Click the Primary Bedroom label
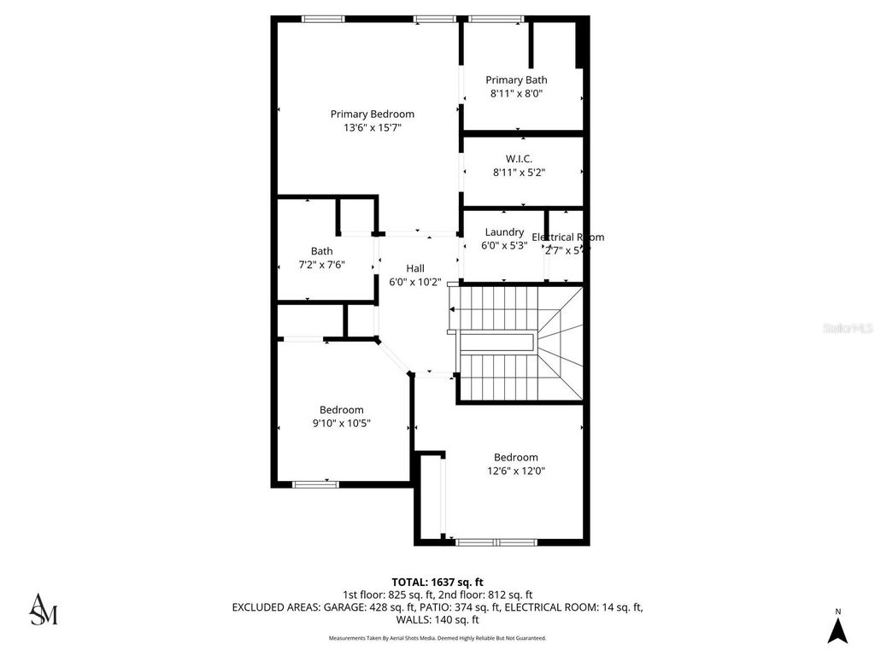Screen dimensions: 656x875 pyautogui.click(x=373, y=114)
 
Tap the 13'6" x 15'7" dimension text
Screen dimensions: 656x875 pyautogui.click(x=373, y=127)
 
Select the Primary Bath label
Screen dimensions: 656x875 pyautogui.click(x=517, y=80)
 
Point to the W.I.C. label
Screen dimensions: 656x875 pyautogui.click(x=519, y=158)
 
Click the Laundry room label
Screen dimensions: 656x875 pyautogui.click(x=504, y=231)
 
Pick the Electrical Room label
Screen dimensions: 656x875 pyautogui.click(x=567, y=237)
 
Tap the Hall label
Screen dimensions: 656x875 pyautogui.click(x=415, y=268)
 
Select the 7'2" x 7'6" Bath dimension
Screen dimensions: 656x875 pyautogui.click(x=322, y=265)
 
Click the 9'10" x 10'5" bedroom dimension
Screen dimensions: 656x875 pyautogui.click(x=342, y=423)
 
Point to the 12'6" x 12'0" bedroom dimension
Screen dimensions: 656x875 pyautogui.click(x=516, y=471)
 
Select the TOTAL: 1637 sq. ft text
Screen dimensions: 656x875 pyautogui.click(x=437, y=582)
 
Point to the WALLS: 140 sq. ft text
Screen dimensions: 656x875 pyautogui.click(x=437, y=620)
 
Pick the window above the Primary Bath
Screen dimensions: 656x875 pyautogui.click(x=496, y=19)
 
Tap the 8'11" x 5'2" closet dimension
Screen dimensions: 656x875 pyautogui.click(x=519, y=172)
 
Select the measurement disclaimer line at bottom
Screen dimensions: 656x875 pyautogui.click(x=437, y=638)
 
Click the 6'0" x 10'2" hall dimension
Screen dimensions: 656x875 pyautogui.click(x=415, y=282)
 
